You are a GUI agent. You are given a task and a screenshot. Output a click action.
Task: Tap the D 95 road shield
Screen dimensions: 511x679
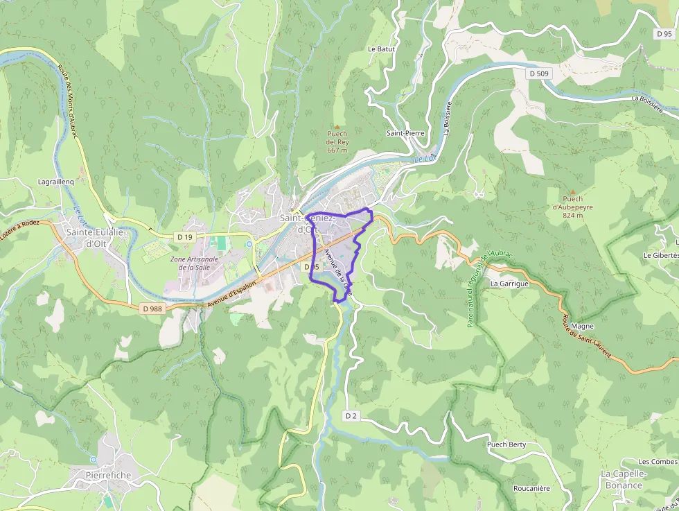click(664, 33)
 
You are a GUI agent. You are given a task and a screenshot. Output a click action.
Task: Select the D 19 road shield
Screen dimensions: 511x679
click(184, 237)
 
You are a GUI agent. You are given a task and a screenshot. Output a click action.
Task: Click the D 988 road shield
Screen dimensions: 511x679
click(152, 308)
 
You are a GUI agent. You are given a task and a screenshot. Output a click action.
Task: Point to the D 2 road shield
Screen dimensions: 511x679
click(351, 415)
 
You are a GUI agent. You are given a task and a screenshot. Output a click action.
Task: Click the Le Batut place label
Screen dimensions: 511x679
click(381, 49)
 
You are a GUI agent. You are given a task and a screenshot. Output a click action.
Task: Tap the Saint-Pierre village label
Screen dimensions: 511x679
click(405, 132)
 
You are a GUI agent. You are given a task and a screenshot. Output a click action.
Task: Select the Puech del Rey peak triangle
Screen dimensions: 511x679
click(337, 126)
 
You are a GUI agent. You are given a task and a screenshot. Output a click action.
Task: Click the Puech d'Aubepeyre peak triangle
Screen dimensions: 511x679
click(572, 191)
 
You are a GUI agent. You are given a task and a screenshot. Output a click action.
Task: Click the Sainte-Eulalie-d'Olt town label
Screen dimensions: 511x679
click(94, 237)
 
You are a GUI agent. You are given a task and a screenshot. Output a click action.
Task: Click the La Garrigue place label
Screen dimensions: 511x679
click(509, 284)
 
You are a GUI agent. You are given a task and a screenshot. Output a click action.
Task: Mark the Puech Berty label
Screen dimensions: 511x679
click(506, 444)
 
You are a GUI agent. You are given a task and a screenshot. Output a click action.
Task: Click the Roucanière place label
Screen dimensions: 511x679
click(531, 488)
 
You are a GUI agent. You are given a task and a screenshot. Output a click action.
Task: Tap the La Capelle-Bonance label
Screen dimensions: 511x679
click(621, 479)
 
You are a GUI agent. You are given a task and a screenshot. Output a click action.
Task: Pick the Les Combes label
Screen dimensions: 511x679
click(658, 462)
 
